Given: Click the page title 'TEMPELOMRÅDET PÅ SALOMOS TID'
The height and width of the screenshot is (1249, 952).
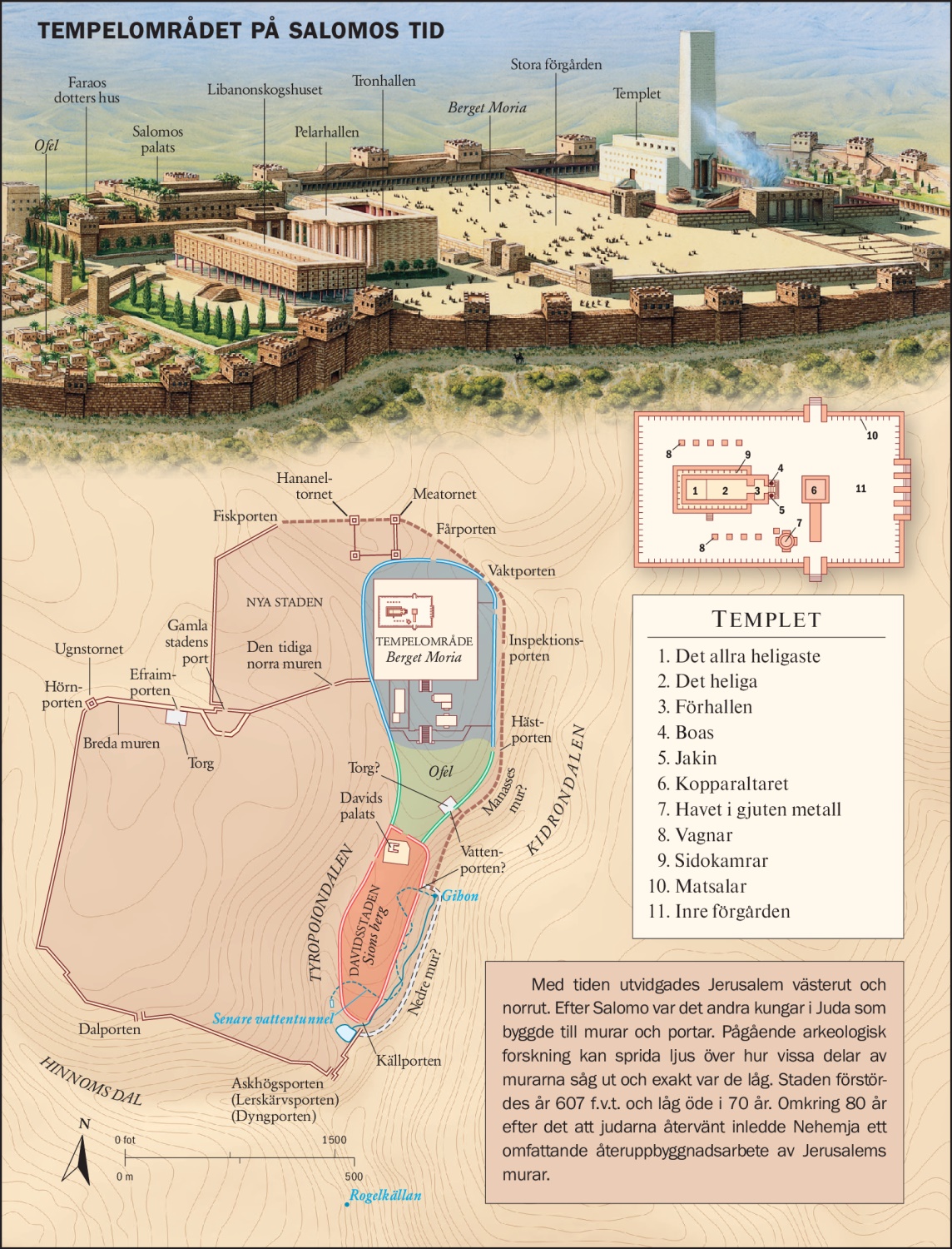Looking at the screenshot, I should (240, 32).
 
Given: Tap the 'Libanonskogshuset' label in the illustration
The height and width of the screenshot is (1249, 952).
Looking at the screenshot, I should (265, 90).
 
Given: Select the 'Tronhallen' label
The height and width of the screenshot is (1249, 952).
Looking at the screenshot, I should (384, 81).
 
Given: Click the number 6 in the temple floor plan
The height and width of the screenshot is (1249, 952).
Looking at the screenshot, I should (814, 490).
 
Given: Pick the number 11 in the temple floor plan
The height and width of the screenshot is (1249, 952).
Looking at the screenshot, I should (860, 489).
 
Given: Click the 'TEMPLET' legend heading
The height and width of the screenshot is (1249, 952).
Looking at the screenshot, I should (766, 620).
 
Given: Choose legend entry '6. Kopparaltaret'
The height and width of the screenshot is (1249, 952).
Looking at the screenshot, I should (722, 784).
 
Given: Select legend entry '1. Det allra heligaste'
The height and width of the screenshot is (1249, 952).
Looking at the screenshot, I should (738, 656).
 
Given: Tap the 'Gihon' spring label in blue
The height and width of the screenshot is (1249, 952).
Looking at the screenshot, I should (460, 896).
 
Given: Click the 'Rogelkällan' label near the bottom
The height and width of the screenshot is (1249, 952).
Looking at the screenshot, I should (385, 1196).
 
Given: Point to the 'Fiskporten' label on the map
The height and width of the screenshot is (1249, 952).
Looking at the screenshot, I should (245, 516).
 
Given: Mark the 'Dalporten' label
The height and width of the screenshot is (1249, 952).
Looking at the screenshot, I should (110, 1029).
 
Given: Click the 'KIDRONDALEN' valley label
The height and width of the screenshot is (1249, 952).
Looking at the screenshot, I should (556, 791).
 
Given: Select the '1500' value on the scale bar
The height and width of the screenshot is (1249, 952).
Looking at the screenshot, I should (334, 1140).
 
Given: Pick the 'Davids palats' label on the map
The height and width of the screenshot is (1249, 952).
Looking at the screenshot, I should (360, 806).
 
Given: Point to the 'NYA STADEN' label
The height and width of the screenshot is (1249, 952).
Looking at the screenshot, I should (284, 602).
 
